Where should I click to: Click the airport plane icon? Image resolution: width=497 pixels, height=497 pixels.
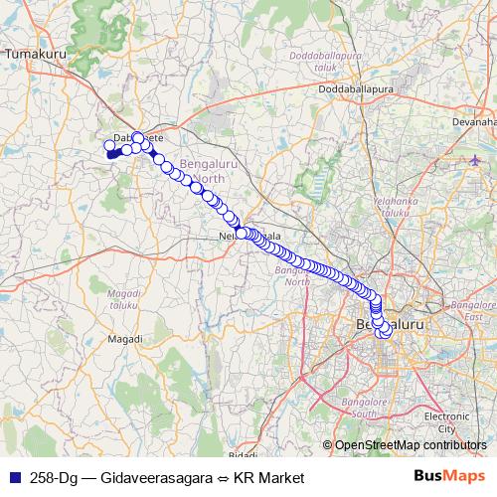point(474,159)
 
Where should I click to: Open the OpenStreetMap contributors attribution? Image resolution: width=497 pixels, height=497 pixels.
point(410,445)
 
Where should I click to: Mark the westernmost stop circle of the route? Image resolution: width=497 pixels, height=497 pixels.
point(110,146)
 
